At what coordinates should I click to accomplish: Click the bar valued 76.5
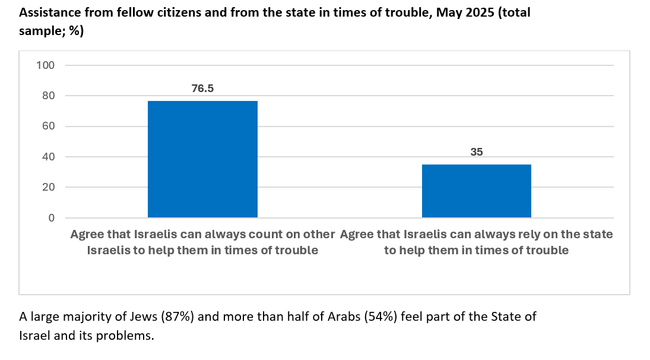point(202,159)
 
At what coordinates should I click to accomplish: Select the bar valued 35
point(476,191)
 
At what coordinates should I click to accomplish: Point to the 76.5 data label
point(202,89)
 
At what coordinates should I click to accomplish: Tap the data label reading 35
point(477,152)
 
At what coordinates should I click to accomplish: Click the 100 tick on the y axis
point(46,65)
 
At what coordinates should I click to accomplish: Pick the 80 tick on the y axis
point(48,96)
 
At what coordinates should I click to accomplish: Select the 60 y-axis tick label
point(48,126)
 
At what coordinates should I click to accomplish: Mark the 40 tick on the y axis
point(48,157)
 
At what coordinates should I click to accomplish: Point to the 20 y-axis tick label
point(48,187)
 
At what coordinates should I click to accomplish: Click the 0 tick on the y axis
point(51,218)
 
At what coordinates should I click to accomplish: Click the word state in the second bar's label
point(597,234)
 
